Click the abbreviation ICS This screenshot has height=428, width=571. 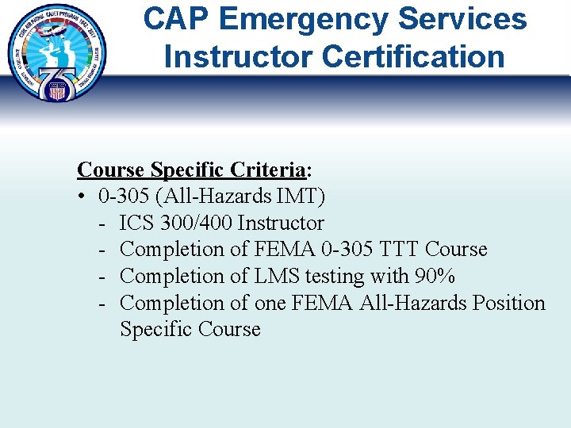136,223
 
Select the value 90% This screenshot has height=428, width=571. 434,277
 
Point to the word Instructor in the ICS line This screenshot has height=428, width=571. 281,223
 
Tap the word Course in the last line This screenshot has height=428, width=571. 229,330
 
